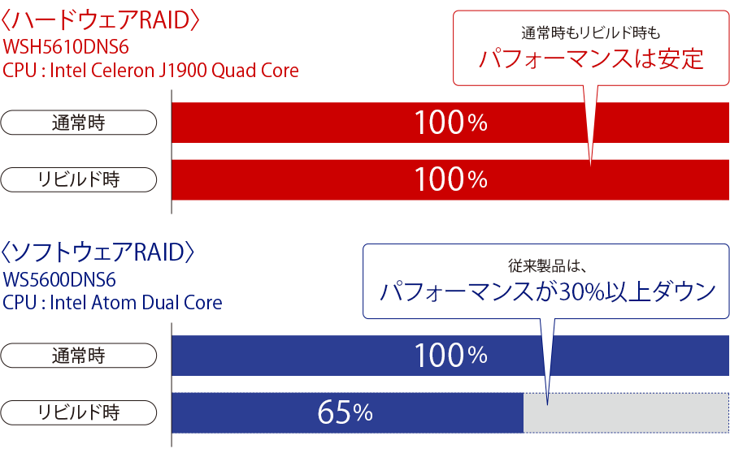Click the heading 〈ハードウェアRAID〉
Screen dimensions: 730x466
tap(100, 20)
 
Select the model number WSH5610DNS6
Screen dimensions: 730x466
tap(66, 47)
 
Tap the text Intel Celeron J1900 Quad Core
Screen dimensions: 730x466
tap(174, 71)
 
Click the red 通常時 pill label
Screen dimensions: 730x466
tap(78, 123)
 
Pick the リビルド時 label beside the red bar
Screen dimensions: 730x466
tap(78, 179)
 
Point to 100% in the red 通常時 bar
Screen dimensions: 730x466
tap(450, 123)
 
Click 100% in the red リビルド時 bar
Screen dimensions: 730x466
tap(450, 179)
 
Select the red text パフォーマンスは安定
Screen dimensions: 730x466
tap(591, 59)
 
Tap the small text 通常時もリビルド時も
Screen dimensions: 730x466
tap(591, 33)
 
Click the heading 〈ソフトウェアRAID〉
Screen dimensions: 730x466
tap(98, 252)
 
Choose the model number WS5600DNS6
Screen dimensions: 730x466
tap(59, 280)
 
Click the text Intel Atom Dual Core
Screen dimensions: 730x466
tap(136, 302)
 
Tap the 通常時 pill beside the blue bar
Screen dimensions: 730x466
tap(78, 356)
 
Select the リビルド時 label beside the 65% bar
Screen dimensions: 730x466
tap(78, 412)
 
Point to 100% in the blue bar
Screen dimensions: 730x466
tap(450, 356)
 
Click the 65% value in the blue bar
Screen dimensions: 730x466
tap(345, 412)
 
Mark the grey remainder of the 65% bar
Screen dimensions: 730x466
tap(626, 413)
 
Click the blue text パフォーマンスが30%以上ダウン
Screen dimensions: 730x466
tap(548, 291)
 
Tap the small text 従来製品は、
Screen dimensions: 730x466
tap(545, 266)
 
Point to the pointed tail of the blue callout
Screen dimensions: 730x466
tap(548, 404)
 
